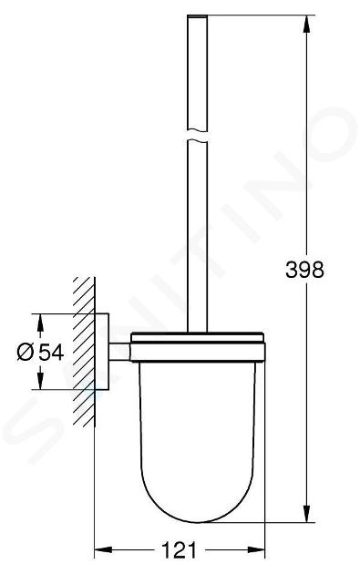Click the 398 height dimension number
click(304, 271)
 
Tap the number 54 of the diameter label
click(51, 353)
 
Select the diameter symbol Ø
click(26, 353)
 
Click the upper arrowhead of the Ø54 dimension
click(40, 323)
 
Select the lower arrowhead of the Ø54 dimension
click(40, 381)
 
